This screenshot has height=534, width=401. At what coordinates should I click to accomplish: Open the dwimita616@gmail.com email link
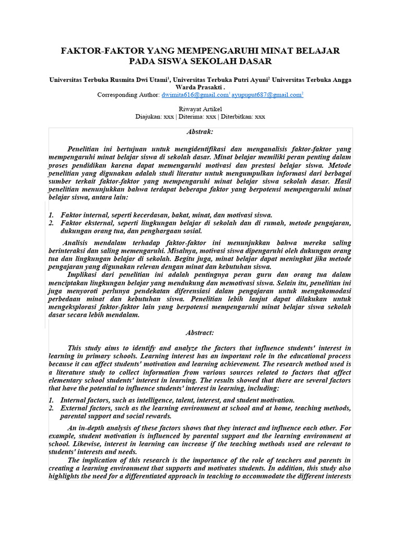pos(195,95)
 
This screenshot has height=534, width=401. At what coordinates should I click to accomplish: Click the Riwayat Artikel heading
pos(200,108)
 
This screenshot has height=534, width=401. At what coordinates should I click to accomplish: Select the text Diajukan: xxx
pos(155,117)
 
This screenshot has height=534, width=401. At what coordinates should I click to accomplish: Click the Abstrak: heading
pos(200,132)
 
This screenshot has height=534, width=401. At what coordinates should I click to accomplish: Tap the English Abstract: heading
pos(200,332)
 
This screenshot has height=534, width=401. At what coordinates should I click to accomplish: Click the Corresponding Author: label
pos(128,95)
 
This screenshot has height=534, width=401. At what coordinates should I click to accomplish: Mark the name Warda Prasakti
pos(200,88)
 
